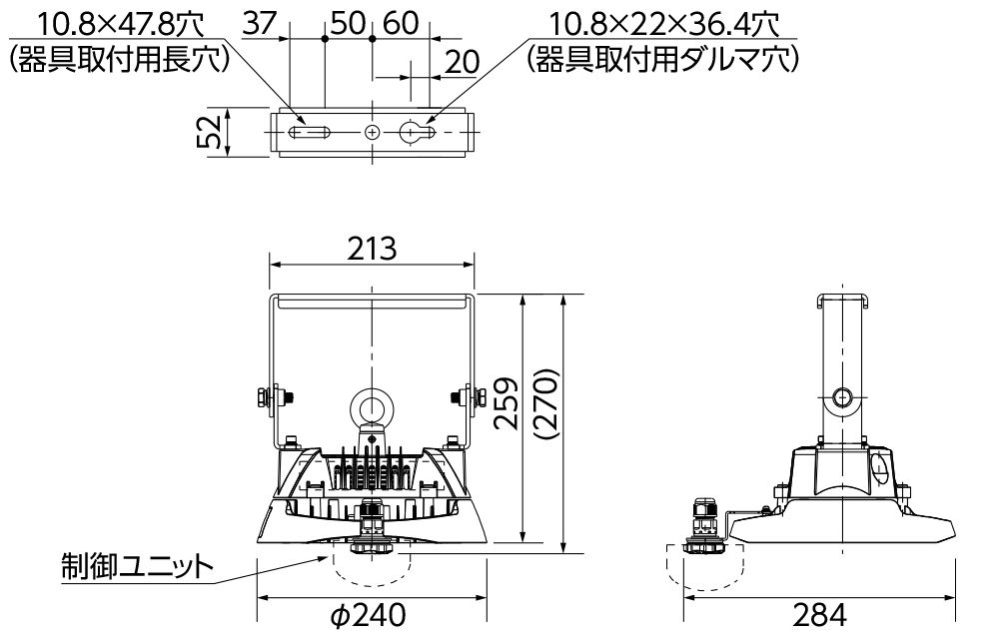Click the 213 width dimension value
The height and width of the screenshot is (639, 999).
(372, 249)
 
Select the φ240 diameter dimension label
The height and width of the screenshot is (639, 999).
(369, 615)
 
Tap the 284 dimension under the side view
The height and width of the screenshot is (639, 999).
(820, 615)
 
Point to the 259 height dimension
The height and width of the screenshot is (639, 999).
(507, 403)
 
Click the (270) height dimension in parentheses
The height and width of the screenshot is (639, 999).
(547, 404)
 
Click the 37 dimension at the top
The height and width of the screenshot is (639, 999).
(260, 24)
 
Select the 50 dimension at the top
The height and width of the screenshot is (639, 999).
(349, 24)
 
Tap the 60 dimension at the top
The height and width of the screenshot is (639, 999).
(401, 24)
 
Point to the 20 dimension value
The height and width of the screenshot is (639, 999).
(462, 62)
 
